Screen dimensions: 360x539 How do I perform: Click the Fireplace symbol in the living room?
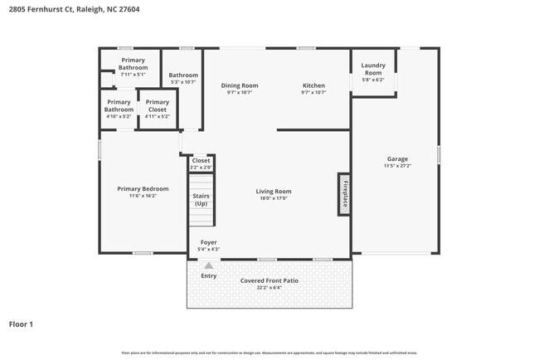(343, 194)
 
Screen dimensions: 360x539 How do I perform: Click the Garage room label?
(397, 158)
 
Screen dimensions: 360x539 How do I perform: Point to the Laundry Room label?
(373, 69)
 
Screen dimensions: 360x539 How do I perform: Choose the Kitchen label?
(313, 85)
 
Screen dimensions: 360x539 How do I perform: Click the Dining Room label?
(240, 85)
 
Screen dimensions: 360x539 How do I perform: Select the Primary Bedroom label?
(143, 188)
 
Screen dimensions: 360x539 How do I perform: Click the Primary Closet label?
(157, 105)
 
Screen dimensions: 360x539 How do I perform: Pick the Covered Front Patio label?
(269, 280)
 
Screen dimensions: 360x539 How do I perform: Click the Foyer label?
(208, 242)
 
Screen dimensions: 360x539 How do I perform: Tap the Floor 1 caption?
(21, 324)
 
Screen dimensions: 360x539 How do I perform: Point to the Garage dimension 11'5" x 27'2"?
(397, 166)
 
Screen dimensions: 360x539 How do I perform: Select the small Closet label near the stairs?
(201, 161)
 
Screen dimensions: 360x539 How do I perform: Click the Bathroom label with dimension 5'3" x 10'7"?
(183, 75)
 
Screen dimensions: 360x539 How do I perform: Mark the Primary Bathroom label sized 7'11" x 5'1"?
(133, 63)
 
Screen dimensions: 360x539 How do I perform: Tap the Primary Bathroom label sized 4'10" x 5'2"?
(119, 105)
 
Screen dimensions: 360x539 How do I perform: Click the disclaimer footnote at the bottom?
(269, 353)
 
